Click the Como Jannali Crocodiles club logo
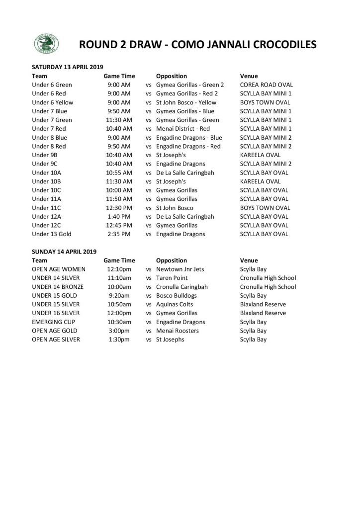[46, 44]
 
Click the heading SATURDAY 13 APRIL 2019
[67, 67]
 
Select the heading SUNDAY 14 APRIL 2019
[64, 252]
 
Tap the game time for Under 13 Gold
[119, 234]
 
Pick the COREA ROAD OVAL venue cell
[266, 85]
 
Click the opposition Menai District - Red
[183, 129]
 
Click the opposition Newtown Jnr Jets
[180, 269]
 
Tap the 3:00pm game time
[119, 331]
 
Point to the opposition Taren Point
[172, 278]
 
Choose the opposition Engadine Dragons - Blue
[189, 138]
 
